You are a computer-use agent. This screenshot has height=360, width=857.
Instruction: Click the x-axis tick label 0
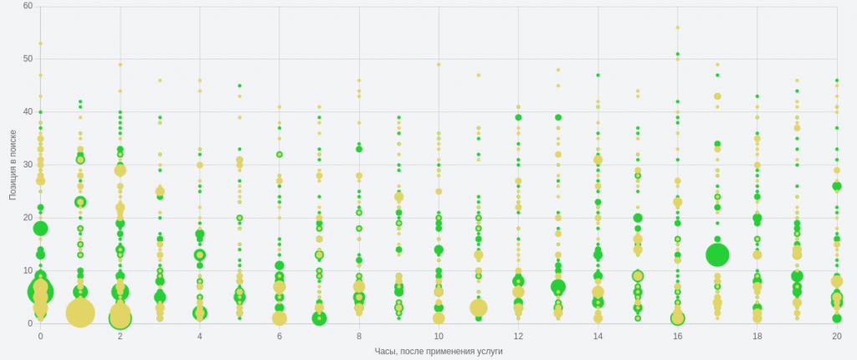click(40, 336)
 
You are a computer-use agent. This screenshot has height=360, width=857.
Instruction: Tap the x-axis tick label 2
click(121, 336)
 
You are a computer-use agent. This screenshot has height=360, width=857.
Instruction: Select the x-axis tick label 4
click(200, 336)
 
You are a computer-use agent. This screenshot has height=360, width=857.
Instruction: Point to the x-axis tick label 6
click(280, 336)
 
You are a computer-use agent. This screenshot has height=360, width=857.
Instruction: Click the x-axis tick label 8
click(359, 336)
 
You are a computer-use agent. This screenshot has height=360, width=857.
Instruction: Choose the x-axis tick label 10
click(439, 336)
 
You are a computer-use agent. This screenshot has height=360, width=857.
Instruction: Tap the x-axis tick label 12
click(518, 336)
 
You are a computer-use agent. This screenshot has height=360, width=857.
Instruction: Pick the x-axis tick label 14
click(598, 336)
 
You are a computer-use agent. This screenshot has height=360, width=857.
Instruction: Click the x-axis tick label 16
click(677, 336)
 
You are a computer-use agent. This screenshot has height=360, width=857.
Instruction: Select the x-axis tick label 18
click(757, 336)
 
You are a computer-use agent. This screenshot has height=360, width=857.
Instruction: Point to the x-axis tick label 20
click(837, 336)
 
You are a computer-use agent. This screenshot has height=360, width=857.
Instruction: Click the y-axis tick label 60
click(28, 6)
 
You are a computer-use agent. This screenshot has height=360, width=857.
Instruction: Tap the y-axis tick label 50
click(28, 59)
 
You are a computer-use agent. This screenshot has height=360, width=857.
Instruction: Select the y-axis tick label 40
click(28, 111)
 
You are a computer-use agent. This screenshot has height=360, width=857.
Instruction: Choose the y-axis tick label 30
click(28, 164)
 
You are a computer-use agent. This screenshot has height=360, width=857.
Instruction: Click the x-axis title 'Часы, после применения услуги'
click(439, 351)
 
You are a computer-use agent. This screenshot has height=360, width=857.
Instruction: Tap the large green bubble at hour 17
click(717, 254)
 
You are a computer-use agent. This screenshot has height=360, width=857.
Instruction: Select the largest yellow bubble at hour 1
click(80, 313)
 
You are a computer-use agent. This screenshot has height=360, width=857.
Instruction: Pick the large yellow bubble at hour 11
click(479, 307)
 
